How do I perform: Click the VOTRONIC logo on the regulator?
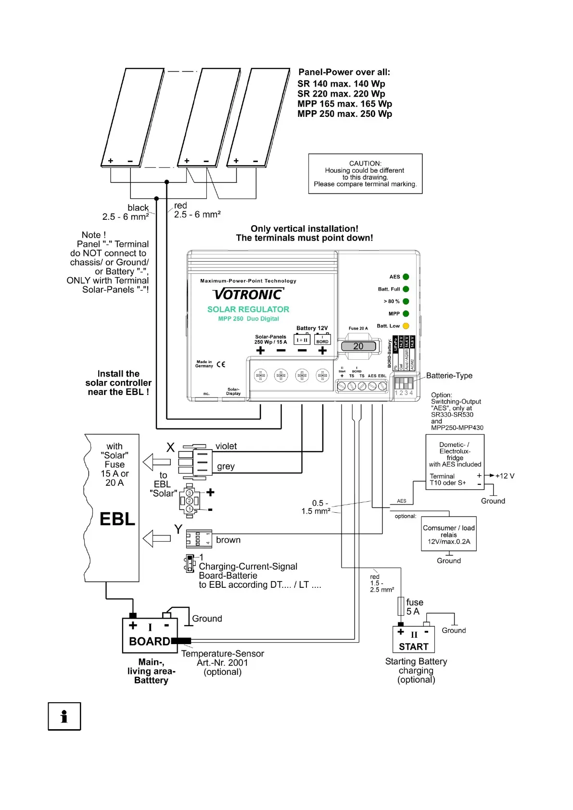tap(248, 294)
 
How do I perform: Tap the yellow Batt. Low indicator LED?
tap(406, 326)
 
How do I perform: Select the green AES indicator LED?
tap(406, 277)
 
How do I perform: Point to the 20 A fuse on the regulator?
tap(358, 346)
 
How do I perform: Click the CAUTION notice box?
tap(365, 174)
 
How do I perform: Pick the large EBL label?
tap(117, 519)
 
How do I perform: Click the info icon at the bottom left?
tap(64, 716)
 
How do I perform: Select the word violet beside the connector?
tap(226, 446)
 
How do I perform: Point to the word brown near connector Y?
tap(228, 540)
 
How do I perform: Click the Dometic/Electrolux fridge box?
tap(455, 462)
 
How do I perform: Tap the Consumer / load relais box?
tap(449, 534)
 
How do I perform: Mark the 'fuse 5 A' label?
tap(414, 607)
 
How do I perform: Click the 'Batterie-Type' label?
tap(449, 376)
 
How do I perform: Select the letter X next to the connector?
tap(170, 448)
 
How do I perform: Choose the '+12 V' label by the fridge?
tap(505, 476)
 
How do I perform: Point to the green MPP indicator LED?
tap(406, 314)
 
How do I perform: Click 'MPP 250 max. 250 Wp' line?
tap(344, 114)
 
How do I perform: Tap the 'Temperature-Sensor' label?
tap(222, 654)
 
